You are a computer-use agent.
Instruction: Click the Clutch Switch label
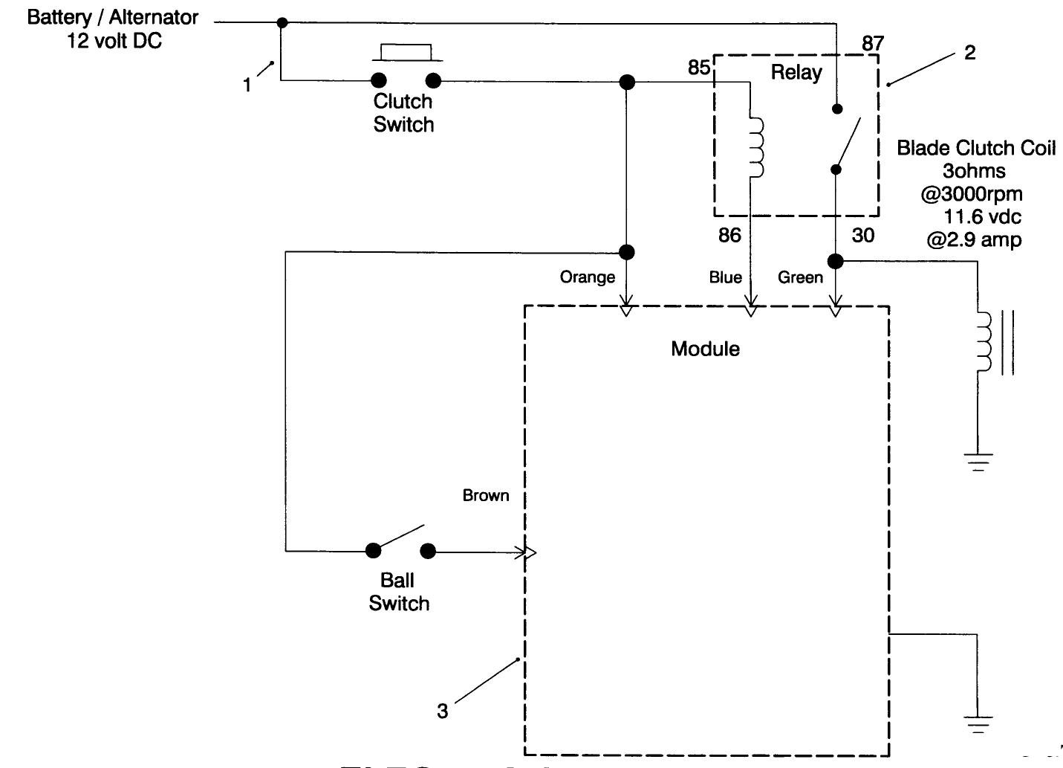[x=403, y=113]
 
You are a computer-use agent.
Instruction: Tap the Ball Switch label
[x=399, y=592]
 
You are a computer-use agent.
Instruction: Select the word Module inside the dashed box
[x=705, y=349]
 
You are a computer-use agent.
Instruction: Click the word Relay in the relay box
[x=796, y=73]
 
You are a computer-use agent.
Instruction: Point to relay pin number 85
[x=698, y=68]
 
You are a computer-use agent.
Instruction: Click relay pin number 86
[x=729, y=236]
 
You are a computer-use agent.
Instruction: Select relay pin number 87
[x=873, y=43]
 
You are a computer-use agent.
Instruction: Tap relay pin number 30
[x=862, y=236]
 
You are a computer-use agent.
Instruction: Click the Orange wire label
[x=587, y=277]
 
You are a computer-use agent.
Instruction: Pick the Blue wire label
[x=725, y=277]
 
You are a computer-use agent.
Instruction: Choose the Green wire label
[x=800, y=277]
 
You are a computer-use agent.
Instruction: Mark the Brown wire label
[x=486, y=495]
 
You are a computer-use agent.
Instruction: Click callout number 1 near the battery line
[x=247, y=85]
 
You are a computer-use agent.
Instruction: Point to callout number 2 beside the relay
[x=969, y=53]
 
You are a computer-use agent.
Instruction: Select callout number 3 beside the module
[x=443, y=711]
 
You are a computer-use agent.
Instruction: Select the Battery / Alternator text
[x=113, y=17]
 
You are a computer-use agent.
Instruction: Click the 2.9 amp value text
[x=974, y=240]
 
